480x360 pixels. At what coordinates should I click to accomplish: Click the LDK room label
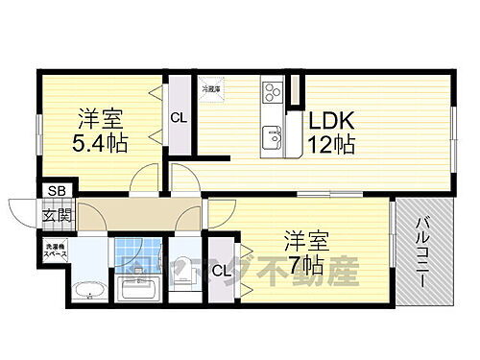click(332, 123)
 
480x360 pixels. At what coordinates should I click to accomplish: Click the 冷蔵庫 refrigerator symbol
click(210, 89)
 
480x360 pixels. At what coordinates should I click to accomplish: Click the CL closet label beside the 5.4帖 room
click(178, 117)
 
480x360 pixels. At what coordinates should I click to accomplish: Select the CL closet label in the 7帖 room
click(222, 270)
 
